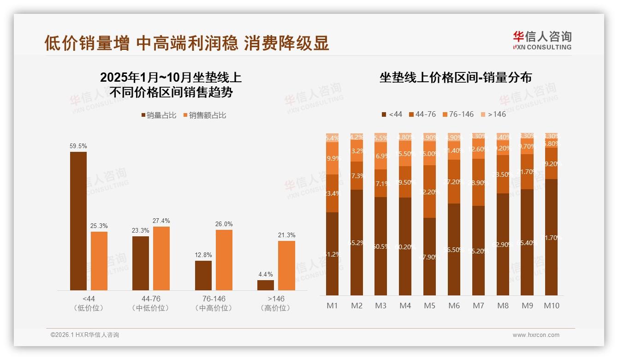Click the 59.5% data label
(x=78, y=146)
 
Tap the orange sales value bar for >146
(x=286, y=265)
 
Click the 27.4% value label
(x=161, y=221)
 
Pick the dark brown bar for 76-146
(x=203, y=276)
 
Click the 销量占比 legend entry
(x=159, y=115)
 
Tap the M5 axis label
(x=429, y=306)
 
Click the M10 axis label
(x=551, y=306)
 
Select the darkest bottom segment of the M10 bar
(x=551, y=237)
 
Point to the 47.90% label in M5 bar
(x=429, y=257)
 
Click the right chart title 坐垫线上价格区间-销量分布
(x=456, y=78)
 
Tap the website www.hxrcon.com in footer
(x=536, y=335)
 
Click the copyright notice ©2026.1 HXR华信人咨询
(x=84, y=335)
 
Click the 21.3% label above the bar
(x=286, y=235)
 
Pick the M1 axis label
(x=332, y=306)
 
